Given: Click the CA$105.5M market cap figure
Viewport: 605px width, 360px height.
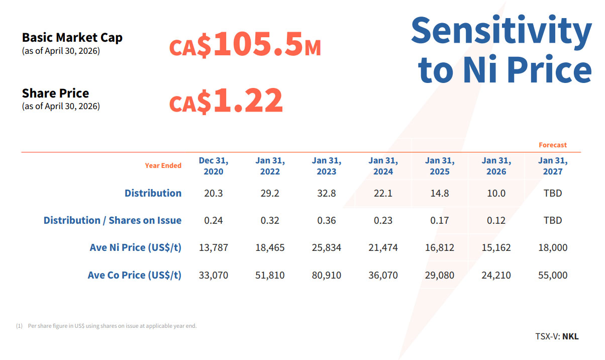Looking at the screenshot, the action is pos(245,44).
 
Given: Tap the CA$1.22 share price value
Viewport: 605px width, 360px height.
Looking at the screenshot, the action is pos(226,100).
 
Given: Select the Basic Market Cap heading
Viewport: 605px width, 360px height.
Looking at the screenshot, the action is pos(72,38).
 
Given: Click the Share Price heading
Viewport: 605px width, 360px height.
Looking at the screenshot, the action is pos(55,93).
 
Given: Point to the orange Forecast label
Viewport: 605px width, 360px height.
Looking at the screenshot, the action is pos(553,145).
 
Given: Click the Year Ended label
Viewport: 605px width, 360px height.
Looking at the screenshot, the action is pos(163,165).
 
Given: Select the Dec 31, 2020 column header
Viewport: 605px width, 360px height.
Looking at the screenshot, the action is pos(214,166).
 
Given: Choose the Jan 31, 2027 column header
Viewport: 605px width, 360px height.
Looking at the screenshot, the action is pos(553,166).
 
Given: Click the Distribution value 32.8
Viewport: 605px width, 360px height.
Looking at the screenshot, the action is pos(326,193).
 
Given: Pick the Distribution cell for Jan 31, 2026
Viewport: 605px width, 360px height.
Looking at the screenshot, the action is pos(496,193).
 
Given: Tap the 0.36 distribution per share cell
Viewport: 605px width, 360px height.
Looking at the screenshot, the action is pos(326,221).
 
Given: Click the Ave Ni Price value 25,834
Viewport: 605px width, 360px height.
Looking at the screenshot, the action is pos(326,247).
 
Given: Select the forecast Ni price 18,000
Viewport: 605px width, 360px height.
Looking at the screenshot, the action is pos(553,247).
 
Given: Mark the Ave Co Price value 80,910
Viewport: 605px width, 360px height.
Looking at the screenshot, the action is pos(326,275).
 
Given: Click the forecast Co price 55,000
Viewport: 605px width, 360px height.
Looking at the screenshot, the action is pos(553,275).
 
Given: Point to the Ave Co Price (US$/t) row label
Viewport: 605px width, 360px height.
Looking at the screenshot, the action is pos(135,275).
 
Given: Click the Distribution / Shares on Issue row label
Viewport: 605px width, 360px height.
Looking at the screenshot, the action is pos(113,221).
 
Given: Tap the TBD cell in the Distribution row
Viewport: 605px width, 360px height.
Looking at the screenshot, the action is pos(553,193).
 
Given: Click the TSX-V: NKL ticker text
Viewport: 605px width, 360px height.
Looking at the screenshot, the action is pos(557,336).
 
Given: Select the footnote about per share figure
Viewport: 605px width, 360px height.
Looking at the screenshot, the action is pos(106,326).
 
